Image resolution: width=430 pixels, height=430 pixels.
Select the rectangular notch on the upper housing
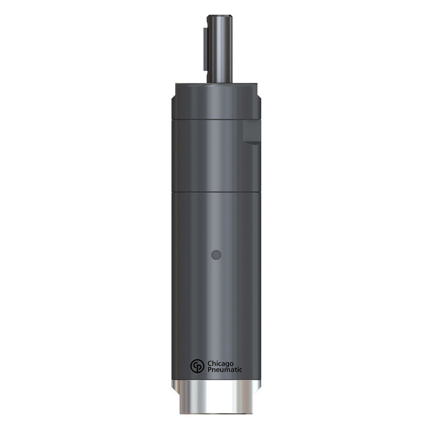coord(252,132)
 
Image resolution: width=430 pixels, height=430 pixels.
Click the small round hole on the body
coord(215,254)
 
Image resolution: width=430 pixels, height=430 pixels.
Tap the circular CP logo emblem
coord(197,365)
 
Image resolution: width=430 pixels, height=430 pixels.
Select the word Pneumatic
coord(225,369)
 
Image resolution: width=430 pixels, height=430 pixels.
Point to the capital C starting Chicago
coord(209,362)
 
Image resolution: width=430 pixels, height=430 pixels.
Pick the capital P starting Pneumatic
coord(209,369)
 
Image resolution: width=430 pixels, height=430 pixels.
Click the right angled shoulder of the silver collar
coord(258,385)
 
